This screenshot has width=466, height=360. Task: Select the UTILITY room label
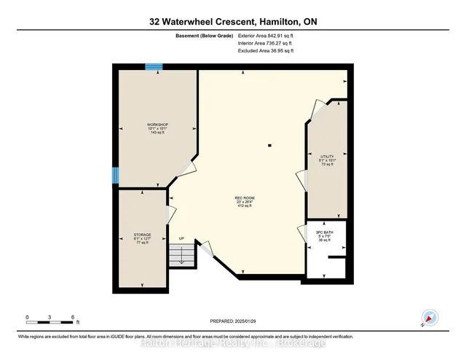click(327, 160)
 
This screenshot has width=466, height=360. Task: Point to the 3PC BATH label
click(324, 237)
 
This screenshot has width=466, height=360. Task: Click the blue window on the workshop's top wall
click(154, 67)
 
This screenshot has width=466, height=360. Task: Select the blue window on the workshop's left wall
click(115, 176)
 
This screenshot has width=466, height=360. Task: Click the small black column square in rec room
click(269, 146)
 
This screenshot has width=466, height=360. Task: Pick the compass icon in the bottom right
click(430, 318)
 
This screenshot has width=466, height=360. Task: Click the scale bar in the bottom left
click(51, 318)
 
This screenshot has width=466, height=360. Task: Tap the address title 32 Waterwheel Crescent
click(232, 22)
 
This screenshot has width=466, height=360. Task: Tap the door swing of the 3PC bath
click(300, 235)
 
